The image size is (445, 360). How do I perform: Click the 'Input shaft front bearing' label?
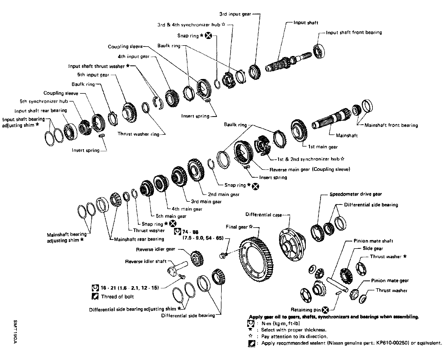(x=354, y=32)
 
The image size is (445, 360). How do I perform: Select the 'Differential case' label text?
(x=264, y=215)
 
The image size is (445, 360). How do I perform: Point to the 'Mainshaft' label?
(x=347, y=136)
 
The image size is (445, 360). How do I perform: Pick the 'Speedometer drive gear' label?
(x=356, y=194)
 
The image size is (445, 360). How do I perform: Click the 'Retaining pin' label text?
(x=306, y=310)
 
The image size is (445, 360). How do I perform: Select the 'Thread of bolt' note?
(x=117, y=297)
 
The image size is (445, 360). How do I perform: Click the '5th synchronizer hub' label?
(x=44, y=101)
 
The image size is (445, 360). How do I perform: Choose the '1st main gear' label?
(x=323, y=147)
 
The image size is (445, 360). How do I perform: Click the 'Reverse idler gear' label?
(x=155, y=249)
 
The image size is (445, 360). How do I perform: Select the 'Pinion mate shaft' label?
(x=373, y=241)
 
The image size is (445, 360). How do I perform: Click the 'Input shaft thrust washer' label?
(x=96, y=66)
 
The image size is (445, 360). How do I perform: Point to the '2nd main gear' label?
(x=224, y=194)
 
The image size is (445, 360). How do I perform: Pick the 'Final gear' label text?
(x=237, y=227)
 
